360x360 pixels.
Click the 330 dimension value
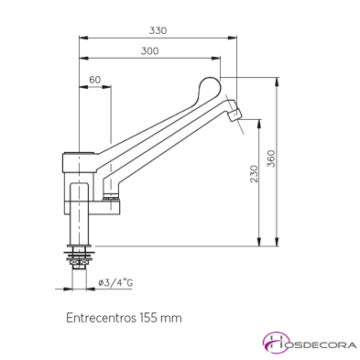tap(158, 30)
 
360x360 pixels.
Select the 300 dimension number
tap(151, 51)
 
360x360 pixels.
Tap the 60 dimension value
tap(94, 81)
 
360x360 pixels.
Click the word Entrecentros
tap(100, 318)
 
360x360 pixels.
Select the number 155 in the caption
tap(148, 318)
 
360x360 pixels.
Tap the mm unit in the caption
tap(171, 318)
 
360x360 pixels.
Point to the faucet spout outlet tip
tap(235, 114)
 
